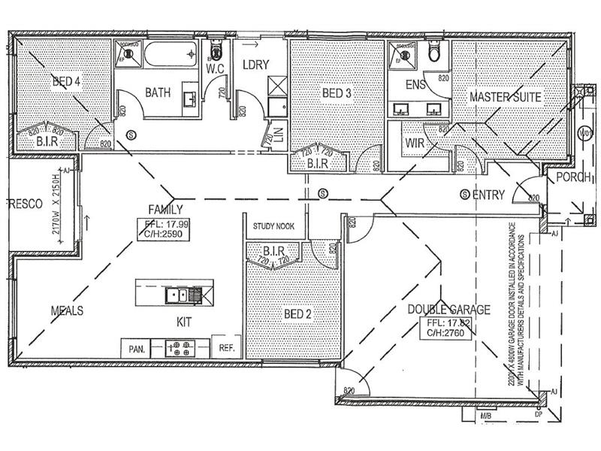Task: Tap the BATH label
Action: pyautogui.click(x=158, y=93)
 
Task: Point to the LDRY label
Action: pyautogui.click(x=256, y=64)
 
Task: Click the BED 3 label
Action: pyautogui.click(x=337, y=93)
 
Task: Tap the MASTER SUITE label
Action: pyautogui.click(x=505, y=96)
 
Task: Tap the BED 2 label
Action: pyautogui.click(x=297, y=313)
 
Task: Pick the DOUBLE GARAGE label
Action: pyautogui.click(x=448, y=309)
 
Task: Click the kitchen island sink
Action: pyautogui.click(x=177, y=295)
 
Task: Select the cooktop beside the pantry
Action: pyautogui.click(x=180, y=348)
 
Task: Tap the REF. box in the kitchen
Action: pyautogui.click(x=227, y=348)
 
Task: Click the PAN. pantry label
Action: pyautogui.click(x=136, y=349)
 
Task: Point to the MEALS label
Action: pyautogui.click(x=66, y=310)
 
